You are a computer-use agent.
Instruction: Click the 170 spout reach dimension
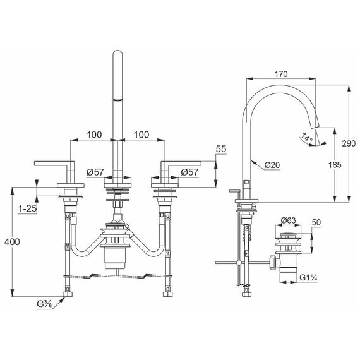point(281,74)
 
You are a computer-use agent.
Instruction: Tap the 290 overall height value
point(349,143)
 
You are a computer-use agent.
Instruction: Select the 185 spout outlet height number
point(335,165)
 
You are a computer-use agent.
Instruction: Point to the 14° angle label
point(307,138)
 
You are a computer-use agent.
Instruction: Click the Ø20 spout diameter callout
point(272,165)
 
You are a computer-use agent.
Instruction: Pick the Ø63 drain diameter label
point(289,220)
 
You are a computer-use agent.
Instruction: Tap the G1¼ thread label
point(308,278)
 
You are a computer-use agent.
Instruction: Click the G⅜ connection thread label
point(45,304)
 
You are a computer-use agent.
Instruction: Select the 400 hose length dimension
point(12,242)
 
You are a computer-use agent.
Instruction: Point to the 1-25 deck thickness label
point(28,208)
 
